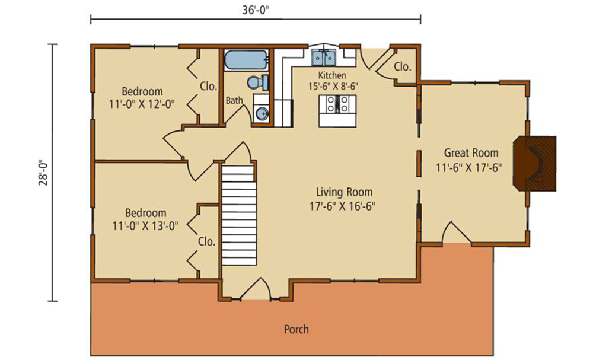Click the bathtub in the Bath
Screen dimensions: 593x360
(x=246, y=60)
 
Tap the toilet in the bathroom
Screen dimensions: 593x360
(x=258, y=82)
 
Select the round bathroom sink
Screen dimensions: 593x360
(x=261, y=113)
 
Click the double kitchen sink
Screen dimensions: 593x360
(x=324, y=58)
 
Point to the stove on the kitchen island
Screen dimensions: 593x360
(x=337, y=104)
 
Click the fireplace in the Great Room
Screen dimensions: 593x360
(x=534, y=163)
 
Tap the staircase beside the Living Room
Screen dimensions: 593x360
(x=239, y=215)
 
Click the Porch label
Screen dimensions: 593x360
(x=296, y=329)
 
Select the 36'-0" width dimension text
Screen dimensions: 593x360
(x=256, y=9)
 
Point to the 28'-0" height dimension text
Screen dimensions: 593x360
(x=44, y=173)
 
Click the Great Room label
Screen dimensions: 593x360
(x=471, y=153)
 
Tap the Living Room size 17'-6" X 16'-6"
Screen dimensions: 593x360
(x=342, y=206)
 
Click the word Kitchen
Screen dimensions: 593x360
(x=332, y=75)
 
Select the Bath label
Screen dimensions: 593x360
(x=234, y=101)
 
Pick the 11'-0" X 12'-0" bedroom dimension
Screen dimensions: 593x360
(x=142, y=104)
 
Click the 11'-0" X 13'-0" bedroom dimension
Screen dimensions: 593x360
(x=145, y=226)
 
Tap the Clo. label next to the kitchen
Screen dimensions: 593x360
(x=403, y=67)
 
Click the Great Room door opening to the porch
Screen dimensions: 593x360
(x=457, y=232)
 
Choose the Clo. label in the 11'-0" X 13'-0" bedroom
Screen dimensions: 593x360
(x=206, y=241)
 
